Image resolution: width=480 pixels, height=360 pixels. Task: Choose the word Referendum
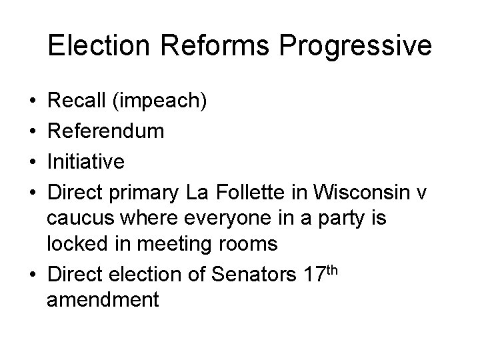pos(105,131)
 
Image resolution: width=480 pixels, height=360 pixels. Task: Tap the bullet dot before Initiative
pos(33,161)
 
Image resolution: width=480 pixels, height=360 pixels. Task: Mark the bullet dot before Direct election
pos(33,274)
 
